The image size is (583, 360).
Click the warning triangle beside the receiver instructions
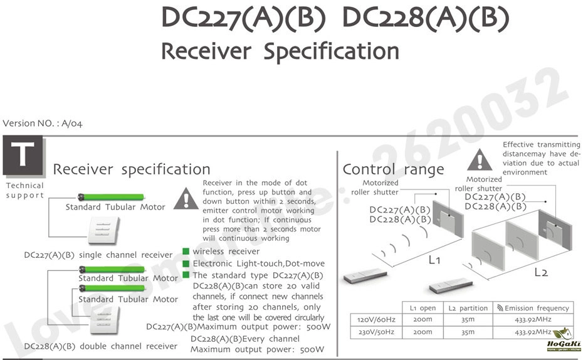(186, 199)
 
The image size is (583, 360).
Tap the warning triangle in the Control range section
(480, 160)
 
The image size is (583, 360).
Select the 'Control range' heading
(393, 169)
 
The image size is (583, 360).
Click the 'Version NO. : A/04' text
(43, 124)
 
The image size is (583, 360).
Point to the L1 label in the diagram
(434, 260)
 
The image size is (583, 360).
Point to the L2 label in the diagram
(541, 272)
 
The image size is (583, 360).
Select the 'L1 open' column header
(423, 308)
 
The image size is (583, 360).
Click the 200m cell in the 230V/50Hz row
(423, 332)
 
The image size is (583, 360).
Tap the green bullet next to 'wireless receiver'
(186, 251)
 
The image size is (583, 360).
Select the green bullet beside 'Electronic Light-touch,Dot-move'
(186, 263)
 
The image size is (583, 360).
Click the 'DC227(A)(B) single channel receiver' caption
(98, 255)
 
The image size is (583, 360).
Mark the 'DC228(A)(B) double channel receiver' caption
(100, 346)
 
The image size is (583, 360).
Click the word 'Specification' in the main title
(331, 51)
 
